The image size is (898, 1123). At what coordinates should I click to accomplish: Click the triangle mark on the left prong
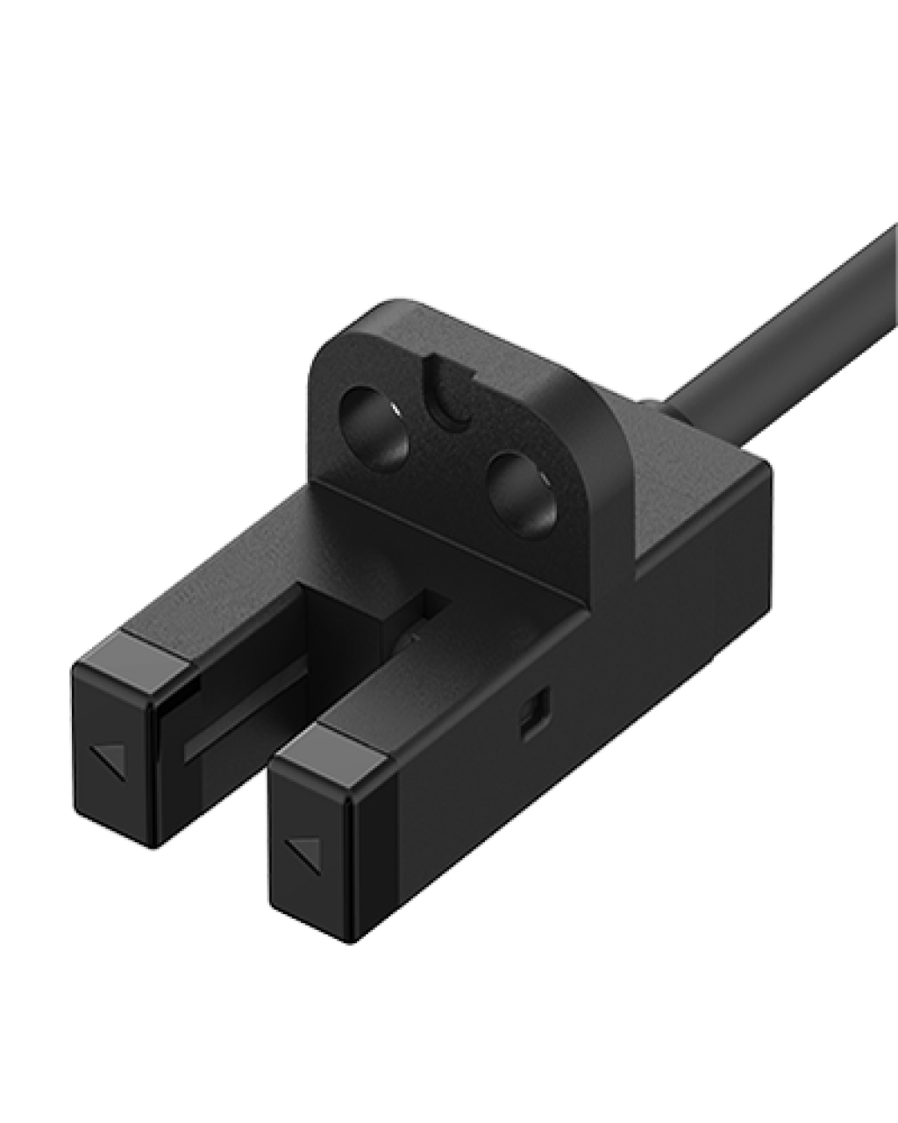(108, 758)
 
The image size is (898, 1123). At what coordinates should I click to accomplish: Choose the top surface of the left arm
(263, 570)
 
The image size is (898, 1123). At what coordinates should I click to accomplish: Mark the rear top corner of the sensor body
(772, 474)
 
